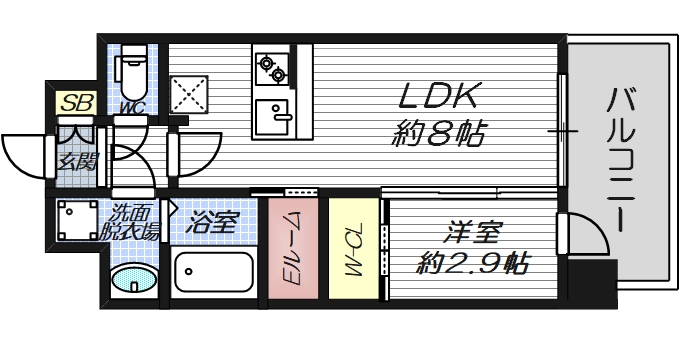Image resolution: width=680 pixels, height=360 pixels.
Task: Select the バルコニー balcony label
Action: pos(624,160)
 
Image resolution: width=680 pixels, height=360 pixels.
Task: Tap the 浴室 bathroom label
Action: pos(212,221)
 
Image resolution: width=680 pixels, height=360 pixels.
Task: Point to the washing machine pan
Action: pos(75,221)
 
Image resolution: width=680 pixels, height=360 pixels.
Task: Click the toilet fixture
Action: pos(132,69)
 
